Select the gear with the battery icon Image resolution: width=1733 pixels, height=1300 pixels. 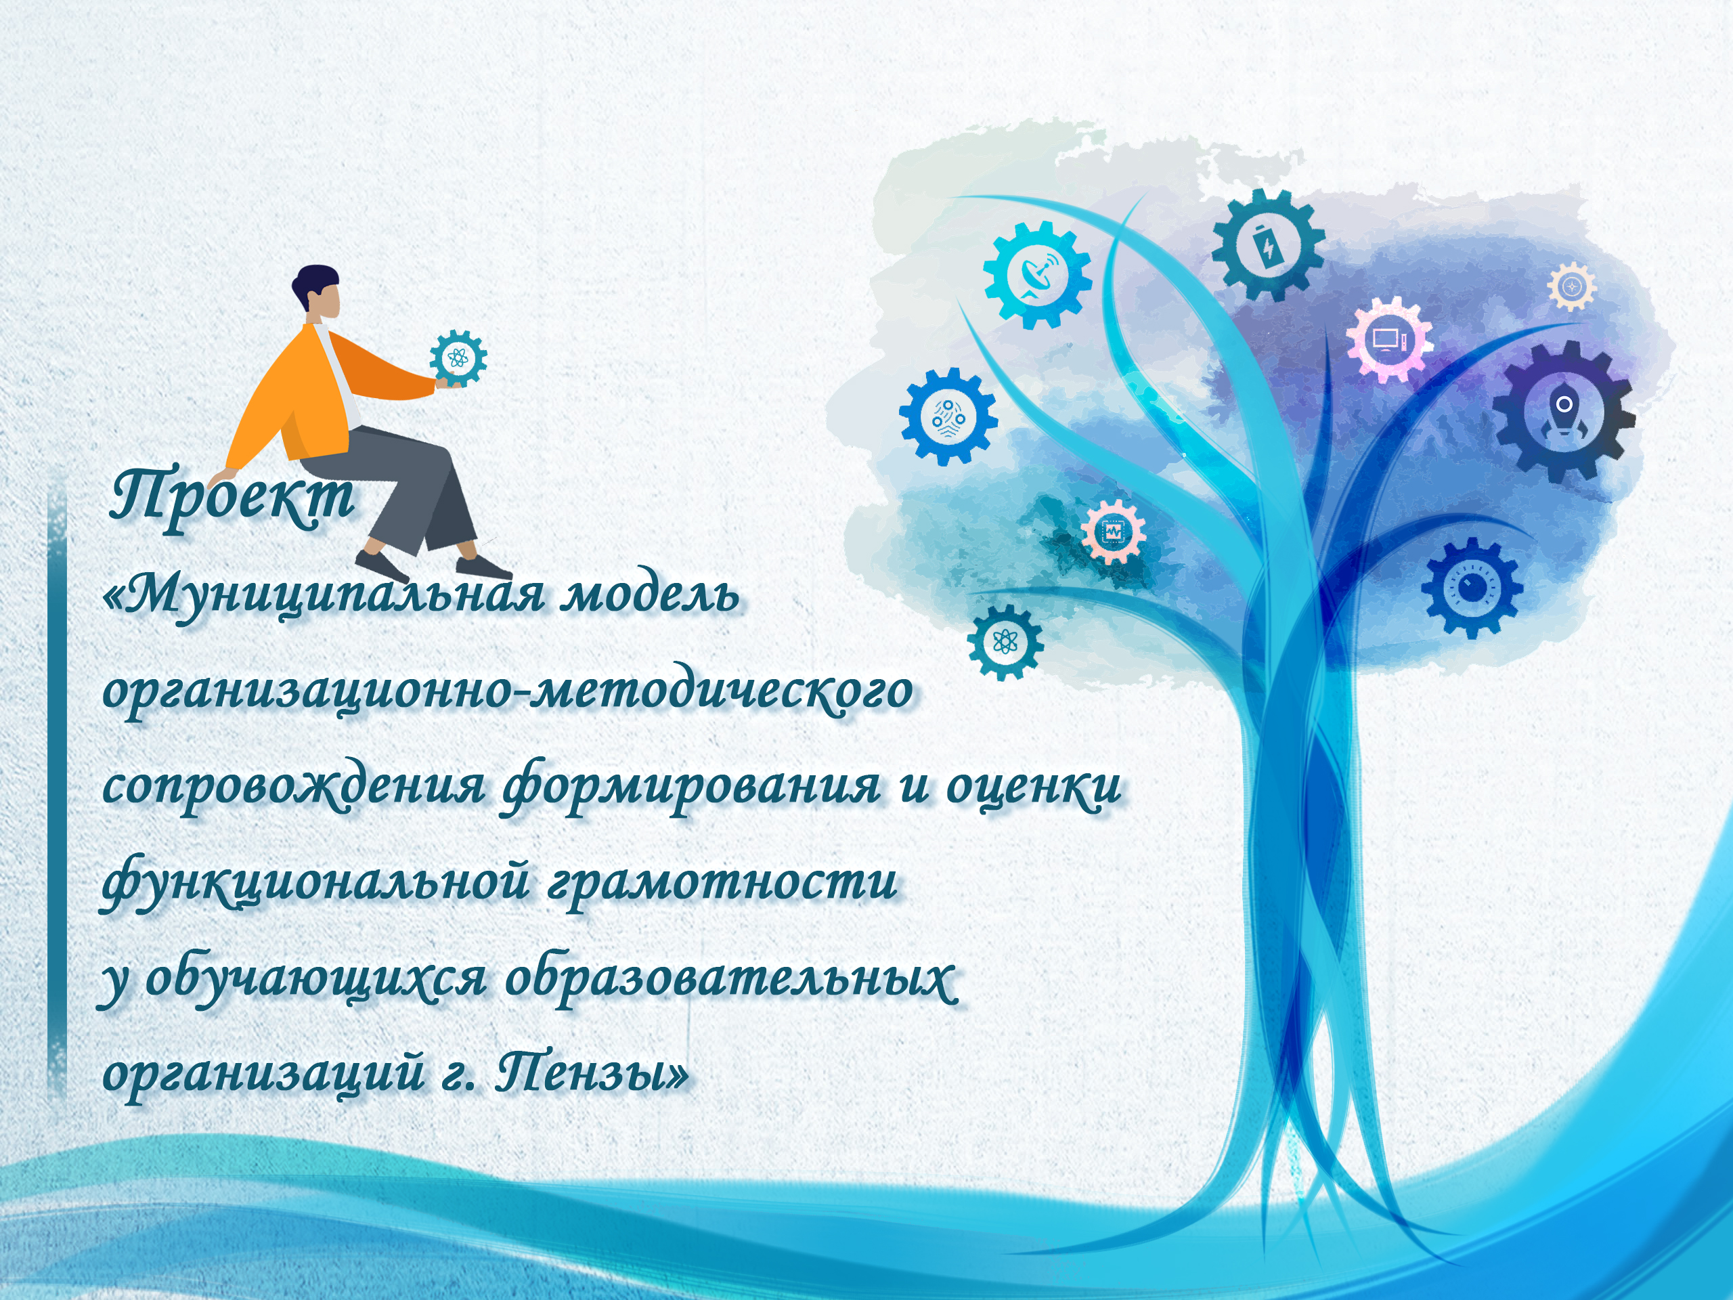(x=1269, y=245)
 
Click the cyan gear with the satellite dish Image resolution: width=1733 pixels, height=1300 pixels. (x=1037, y=274)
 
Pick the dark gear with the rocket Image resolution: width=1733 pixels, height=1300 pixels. (x=1563, y=412)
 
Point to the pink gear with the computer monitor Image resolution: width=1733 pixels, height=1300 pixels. (x=1389, y=340)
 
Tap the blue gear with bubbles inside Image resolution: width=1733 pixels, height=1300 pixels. (x=948, y=417)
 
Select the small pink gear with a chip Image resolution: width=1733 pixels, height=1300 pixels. (x=1114, y=532)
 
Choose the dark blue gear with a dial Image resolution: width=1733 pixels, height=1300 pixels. (x=1472, y=588)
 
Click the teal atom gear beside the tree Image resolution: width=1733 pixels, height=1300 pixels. (x=1005, y=643)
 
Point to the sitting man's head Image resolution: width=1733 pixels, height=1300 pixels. (x=317, y=292)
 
